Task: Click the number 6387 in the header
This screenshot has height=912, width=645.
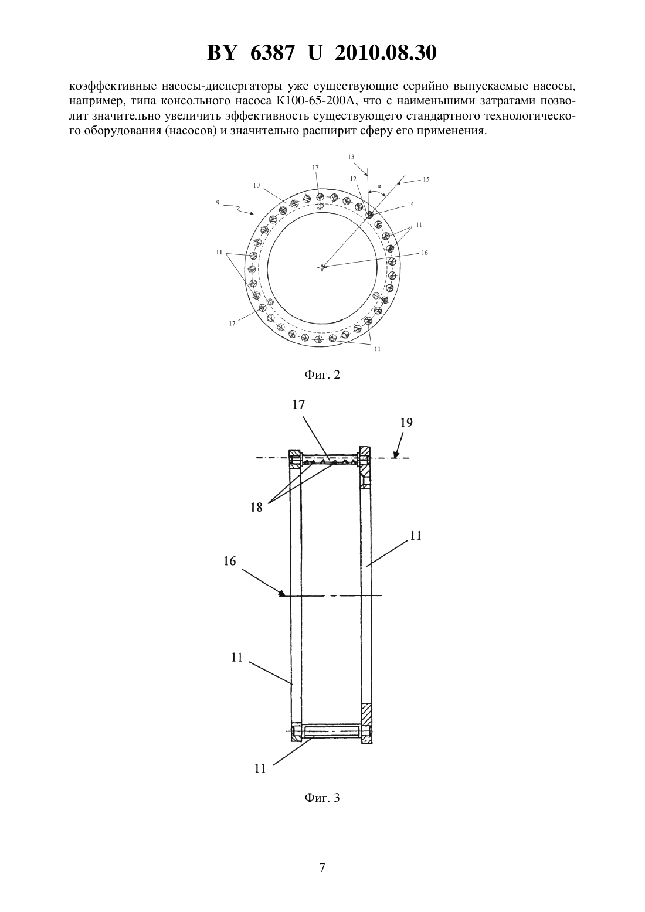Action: tap(271, 53)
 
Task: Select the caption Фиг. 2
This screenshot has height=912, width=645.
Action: tap(322, 375)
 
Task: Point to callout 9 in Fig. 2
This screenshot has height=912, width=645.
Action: tap(218, 203)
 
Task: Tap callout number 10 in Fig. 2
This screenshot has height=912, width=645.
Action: tap(256, 185)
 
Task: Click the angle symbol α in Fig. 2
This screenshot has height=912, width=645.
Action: tap(379, 185)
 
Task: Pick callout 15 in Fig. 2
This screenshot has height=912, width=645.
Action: tap(426, 179)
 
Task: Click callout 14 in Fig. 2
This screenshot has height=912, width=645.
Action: tap(410, 204)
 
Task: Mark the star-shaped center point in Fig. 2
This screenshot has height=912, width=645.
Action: tap(322, 267)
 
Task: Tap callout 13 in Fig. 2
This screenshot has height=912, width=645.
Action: tap(351, 156)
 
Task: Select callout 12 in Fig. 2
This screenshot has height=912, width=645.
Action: tap(353, 179)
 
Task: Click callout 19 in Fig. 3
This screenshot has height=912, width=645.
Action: tap(406, 423)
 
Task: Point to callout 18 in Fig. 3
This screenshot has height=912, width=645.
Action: tap(257, 508)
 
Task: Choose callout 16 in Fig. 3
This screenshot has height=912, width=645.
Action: tap(230, 561)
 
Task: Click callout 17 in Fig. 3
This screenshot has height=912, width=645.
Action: tap(298, 404)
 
